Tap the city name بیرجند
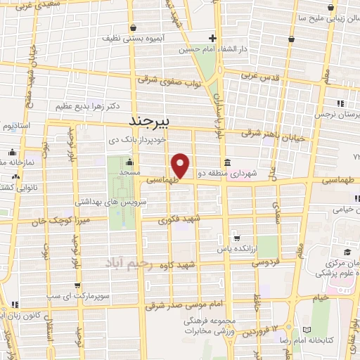pyautogui.click(x=150, y=122)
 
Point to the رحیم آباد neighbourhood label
pyautogui.click(x=128, y=262)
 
